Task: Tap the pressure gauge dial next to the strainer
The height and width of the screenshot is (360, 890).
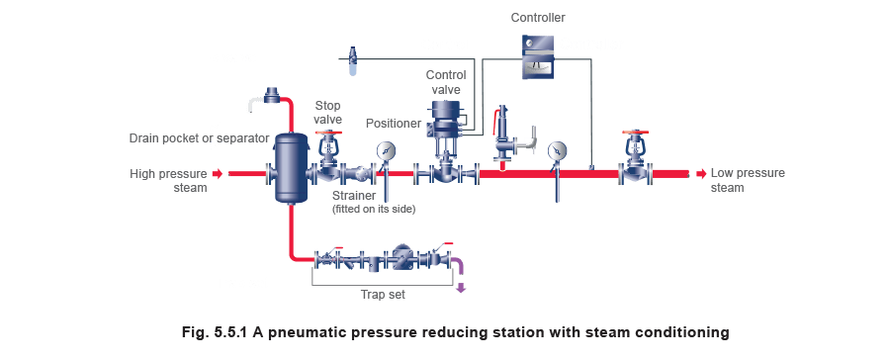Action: [385, 152]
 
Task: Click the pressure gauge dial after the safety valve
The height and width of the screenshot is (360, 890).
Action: [558, 151]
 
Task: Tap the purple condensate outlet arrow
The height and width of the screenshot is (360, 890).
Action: [461, 288]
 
